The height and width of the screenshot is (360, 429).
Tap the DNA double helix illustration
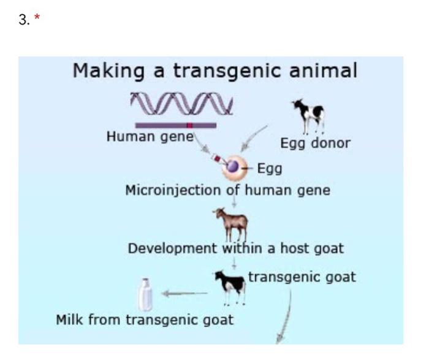pos(181,103)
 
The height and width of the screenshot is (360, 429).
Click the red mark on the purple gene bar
pos(190,125)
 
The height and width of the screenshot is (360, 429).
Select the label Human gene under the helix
pos(150,137)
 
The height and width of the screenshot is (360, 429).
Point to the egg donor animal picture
pos(308,115)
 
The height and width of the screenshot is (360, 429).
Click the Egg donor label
pos(315,144)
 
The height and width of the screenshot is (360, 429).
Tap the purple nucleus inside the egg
pos(233,166)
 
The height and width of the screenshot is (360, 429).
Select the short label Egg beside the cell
pos(269,167)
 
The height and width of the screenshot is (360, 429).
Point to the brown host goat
pos(231,223)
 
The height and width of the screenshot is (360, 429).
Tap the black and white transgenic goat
pos(230,286)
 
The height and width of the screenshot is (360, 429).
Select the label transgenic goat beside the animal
pos(302,277)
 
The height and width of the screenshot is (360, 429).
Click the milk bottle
pos(145,295)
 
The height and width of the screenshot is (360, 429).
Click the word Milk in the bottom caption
pos(70,320)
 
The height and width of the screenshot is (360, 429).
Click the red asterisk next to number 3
pos(36,19)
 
